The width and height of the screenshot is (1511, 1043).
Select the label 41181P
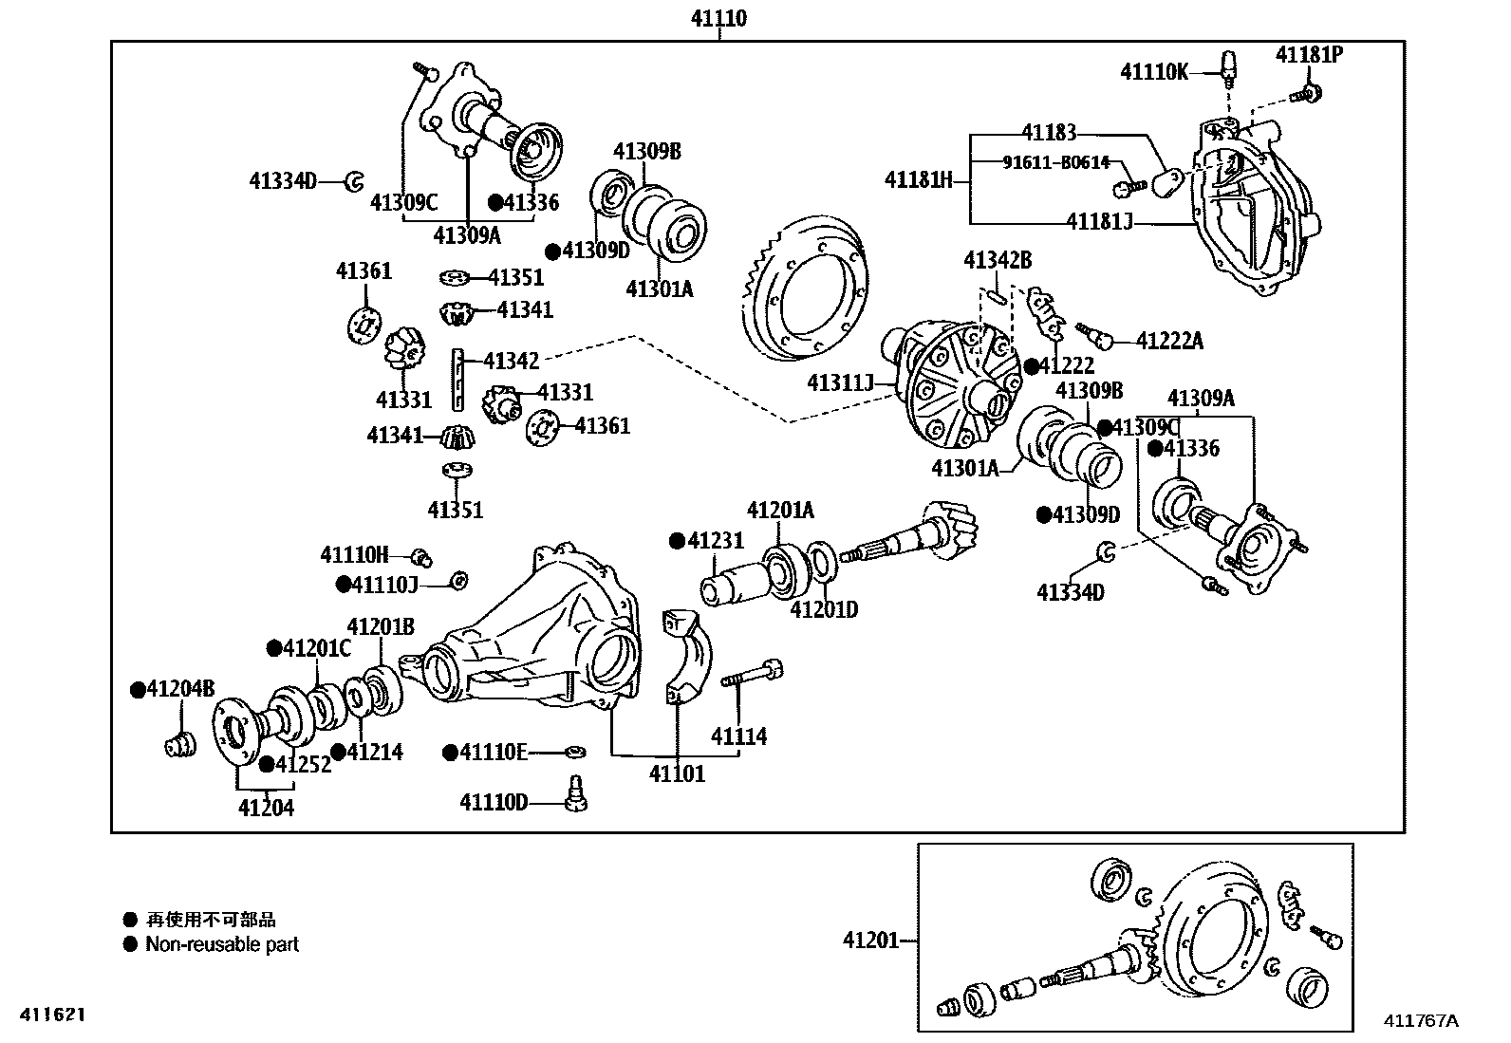click(1309, 54)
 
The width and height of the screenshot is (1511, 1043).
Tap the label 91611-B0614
click(1055, 162)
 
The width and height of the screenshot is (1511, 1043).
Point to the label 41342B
click(998, 260)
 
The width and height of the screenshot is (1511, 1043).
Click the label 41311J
click(840, 382)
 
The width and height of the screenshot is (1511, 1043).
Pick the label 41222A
click(1169, 341)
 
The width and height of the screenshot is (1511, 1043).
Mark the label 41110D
click(494, 803)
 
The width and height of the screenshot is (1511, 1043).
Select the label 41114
click(739, 736)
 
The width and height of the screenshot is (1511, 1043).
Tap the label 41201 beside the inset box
click(870, 941)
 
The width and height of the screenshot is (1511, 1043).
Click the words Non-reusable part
click(222, 945)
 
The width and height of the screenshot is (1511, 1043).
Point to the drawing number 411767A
click(1420, 1021)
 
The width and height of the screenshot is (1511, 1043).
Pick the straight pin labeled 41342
click(460, 377)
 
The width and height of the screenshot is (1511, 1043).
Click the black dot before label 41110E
click(450, 753)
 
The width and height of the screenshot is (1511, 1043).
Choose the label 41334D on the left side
click(283, 180)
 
